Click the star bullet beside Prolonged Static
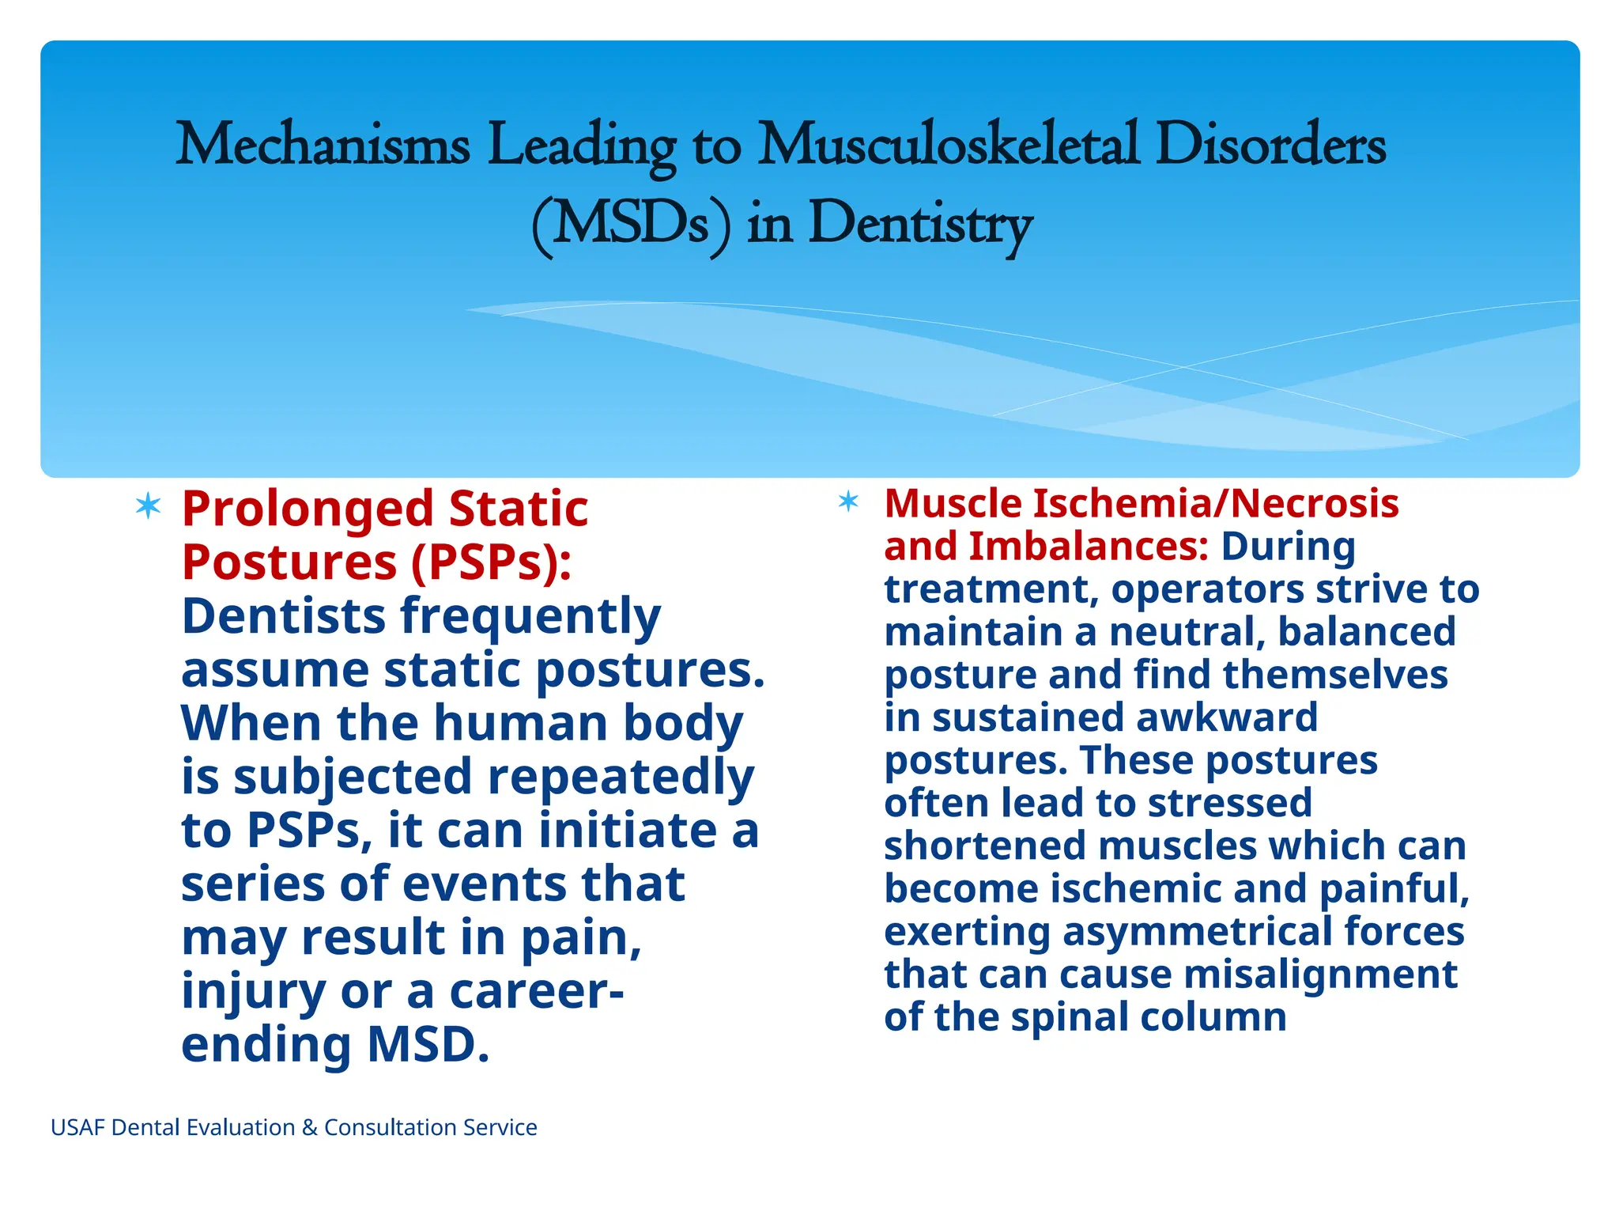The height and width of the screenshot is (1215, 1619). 148,505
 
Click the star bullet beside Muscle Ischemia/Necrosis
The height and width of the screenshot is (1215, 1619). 848,501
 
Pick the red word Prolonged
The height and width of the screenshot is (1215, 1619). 308,509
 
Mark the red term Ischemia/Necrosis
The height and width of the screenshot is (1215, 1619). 1216,503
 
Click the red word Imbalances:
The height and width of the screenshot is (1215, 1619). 1089,546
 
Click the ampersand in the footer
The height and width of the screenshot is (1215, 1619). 309,1127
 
